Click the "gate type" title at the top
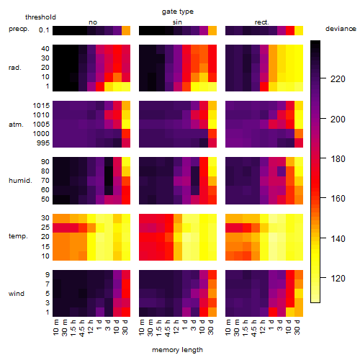[x=178, y=12]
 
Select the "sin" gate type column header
[x=177, y=22]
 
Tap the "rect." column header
[x=261, y=22]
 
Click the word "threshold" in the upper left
[x=40, y=17]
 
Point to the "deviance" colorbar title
[x=341, y=29]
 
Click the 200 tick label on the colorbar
[x=338, y=120]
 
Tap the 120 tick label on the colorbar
[x=338, y=279]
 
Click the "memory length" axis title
[x=177, y=350]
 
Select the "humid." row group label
[x=20, y=181]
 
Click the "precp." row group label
[x=19, y=29]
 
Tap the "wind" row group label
[x=17, y=294]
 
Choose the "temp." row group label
[x=18, y=236]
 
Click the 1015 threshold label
[x=41, y=106]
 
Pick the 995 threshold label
[x=43, y=143]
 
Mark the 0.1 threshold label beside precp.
[x=44, y=30]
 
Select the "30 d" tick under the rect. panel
[x=297, y=327]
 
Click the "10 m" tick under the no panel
[x=55, y=327]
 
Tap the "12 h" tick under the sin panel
[x=176, y=327]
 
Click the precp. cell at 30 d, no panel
[x=126, y=31]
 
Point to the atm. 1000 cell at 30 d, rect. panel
[x=299, y=134]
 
